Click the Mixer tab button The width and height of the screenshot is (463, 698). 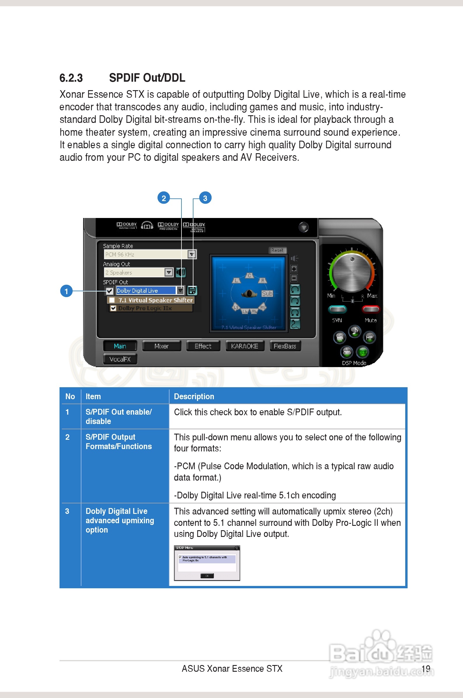[162, 346]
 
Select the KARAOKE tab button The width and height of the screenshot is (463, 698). [244, 346]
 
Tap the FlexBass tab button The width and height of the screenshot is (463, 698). [285, 346]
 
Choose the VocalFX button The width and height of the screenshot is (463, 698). [120, 359]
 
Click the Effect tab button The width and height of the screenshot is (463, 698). [203, 346]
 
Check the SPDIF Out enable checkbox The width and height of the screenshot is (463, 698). [109, 291]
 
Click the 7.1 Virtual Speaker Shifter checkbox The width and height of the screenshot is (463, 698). [112, 300]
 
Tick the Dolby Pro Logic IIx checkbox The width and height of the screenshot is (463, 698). [113, 308]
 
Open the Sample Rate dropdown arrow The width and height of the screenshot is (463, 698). [192, 254]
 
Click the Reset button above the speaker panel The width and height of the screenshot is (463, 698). [277, 250]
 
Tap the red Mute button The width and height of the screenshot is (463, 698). [371, 309]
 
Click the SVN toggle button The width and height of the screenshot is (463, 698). [337, 309]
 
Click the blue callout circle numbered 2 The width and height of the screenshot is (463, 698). [164, 198]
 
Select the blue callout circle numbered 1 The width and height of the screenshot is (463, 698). [66, 291]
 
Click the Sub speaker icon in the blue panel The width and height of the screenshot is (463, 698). [267, 294]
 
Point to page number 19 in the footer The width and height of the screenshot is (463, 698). [425, 669]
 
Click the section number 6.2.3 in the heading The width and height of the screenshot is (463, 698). [71, 78]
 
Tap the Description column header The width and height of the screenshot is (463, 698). [194, 396]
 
